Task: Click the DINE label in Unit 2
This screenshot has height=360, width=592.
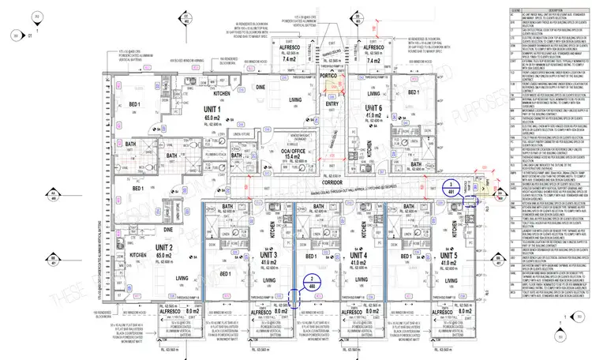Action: (x=167, y=229)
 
